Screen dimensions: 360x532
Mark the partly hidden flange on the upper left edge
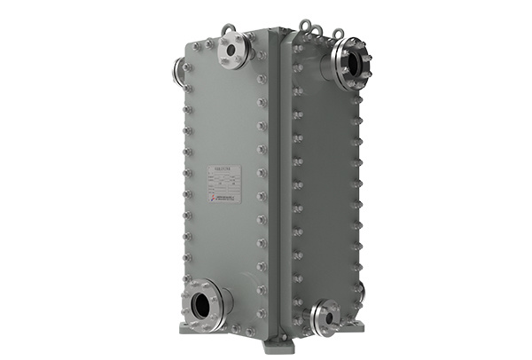coord(180,71)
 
